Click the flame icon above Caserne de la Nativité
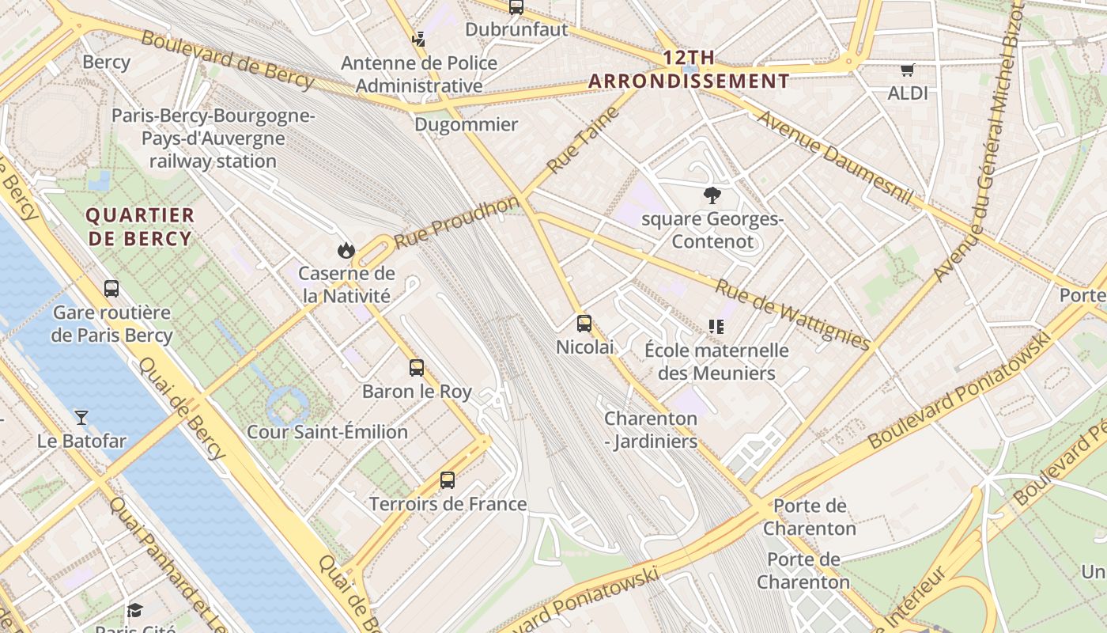[346, 251]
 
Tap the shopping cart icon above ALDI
[907, 70]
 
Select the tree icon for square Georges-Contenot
[712, 195]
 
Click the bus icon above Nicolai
[584, 324]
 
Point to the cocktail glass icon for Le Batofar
[81, 417]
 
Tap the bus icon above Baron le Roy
[417, 368]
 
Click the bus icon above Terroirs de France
[448, 480]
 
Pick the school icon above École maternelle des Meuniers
[716, 326]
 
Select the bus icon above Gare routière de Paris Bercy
[111, 289]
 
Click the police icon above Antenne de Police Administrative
[418, 39]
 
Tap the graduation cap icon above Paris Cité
[134, 610]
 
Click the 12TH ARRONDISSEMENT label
[689, 70]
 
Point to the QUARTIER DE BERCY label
[140, 227]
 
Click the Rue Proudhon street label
[457, 222]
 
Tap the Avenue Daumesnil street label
[835, 157]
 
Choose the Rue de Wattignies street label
[793, 314]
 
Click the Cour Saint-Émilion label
[327, 432]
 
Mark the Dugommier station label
[467, 124]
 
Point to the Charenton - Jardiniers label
[651, 430]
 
